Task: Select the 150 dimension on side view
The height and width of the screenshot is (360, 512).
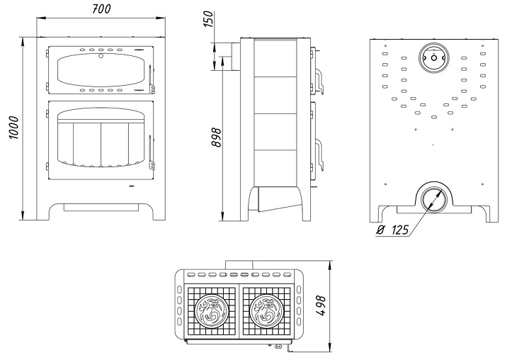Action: pos(207,19)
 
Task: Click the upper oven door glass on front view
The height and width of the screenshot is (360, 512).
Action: pos(100,70)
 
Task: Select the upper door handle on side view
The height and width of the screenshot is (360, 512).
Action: pos(319,80)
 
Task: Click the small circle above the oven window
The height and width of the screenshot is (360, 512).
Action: pos(101,54)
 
